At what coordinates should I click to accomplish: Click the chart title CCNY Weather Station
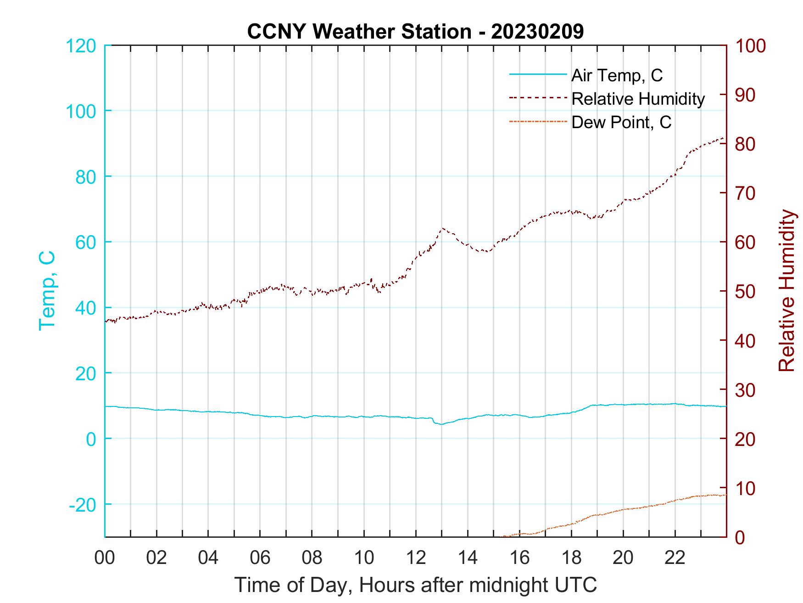pos(415,31)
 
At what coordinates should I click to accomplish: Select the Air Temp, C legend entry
pos(616,75)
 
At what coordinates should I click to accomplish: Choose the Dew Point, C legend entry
pos(621,122)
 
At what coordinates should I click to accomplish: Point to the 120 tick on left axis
pos(82,46)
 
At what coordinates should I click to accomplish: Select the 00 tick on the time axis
pos(105,558)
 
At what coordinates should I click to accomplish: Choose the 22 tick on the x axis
pos(675,558)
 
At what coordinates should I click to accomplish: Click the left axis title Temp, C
pos(47,290)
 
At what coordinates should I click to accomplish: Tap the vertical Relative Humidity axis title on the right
pos(786,290)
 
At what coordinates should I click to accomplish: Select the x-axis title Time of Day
pos(415,585)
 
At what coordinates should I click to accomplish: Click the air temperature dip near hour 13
pos(441,424)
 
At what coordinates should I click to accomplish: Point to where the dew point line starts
pos(502,536)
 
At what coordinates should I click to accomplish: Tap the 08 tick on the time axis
pos(312,558)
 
